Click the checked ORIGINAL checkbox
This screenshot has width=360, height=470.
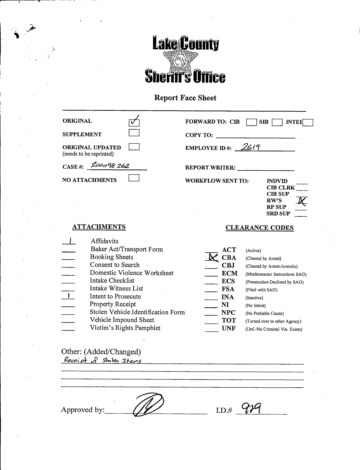point(134,122)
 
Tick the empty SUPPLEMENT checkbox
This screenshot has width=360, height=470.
point(134,133)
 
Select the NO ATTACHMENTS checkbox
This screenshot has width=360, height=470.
point(134,178)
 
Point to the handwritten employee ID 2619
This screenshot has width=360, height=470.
point(249,147)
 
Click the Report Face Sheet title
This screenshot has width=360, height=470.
point(185,98)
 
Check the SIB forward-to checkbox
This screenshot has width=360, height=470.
point(277,122)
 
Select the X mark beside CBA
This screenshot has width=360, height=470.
point(212,257)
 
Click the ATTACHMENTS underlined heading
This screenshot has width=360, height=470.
point(99,227)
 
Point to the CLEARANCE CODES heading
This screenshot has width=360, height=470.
point(259,228)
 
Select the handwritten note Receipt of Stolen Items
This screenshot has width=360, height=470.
point(102,361)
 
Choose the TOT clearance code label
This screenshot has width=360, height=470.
point(229,320)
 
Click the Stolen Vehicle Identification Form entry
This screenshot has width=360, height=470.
point(137,312)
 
